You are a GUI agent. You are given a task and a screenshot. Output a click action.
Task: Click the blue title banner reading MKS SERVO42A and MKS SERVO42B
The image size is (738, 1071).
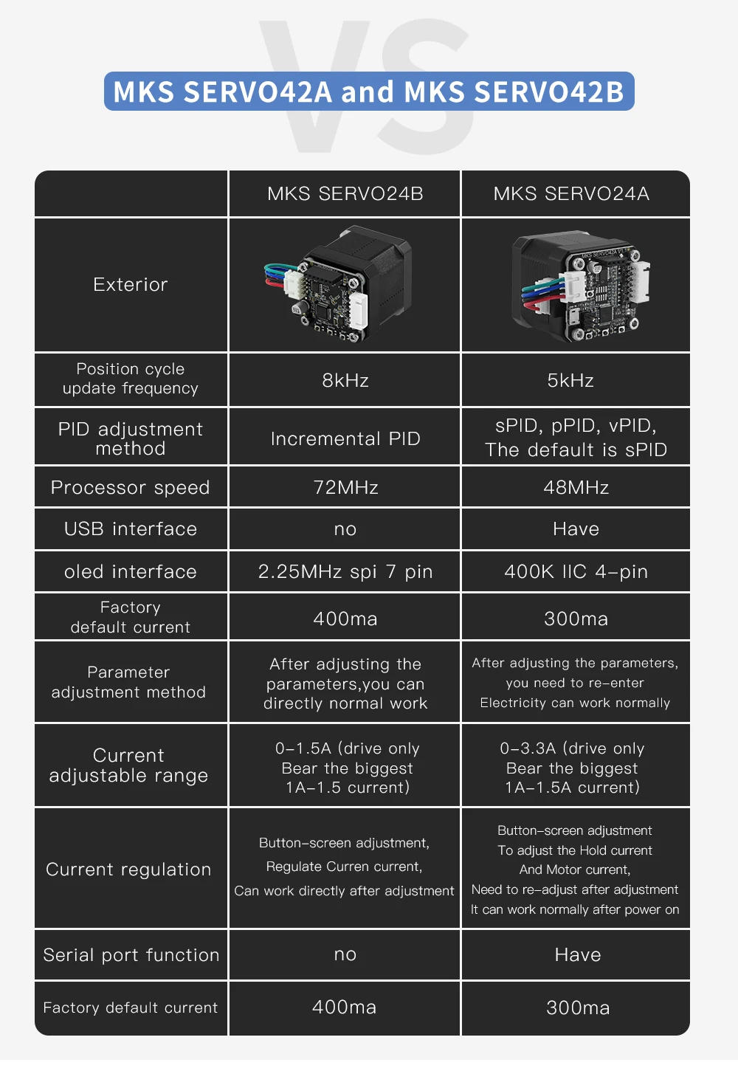coord(369,92)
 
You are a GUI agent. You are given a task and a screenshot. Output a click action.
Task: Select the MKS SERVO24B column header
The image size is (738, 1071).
coord(345,194)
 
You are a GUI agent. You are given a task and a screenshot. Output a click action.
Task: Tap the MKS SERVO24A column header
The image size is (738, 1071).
coord(571,194)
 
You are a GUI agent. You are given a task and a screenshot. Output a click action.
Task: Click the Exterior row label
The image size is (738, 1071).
coord(131,285)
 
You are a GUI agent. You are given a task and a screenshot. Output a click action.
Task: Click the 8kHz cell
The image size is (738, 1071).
coord(345,381)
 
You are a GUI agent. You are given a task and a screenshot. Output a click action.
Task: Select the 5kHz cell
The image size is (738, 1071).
coord(570,381)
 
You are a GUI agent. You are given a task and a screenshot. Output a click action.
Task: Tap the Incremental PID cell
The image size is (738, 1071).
coord(345,438)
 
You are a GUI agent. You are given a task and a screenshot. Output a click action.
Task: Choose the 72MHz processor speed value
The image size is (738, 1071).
coord(345,488)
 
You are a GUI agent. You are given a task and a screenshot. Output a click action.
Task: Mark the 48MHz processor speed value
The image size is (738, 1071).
coord(576,488)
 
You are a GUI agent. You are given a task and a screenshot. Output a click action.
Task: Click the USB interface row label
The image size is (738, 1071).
coord(131,529)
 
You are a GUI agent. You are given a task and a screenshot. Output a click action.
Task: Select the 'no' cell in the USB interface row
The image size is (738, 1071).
coord(345,529)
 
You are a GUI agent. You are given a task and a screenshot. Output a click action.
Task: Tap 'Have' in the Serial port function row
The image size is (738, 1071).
coord(577,955)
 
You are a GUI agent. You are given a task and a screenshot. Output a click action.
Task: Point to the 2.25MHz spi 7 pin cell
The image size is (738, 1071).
coord(345,572)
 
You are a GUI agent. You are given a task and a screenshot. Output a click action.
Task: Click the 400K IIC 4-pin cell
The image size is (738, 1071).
coord(576,572)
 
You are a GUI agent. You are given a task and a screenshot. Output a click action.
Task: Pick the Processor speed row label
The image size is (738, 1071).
coord(131,488)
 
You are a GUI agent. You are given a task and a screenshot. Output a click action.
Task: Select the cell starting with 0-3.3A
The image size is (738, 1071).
coord(572,768)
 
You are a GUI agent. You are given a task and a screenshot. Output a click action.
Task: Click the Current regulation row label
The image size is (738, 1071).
coord(128,869)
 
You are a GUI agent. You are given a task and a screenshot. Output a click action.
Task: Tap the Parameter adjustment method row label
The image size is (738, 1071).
coord(128,683)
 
